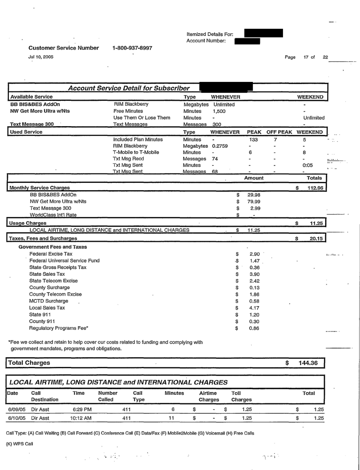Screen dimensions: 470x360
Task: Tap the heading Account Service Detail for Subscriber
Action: pos(126,88)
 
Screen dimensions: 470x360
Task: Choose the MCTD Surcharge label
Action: pos(47,303)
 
